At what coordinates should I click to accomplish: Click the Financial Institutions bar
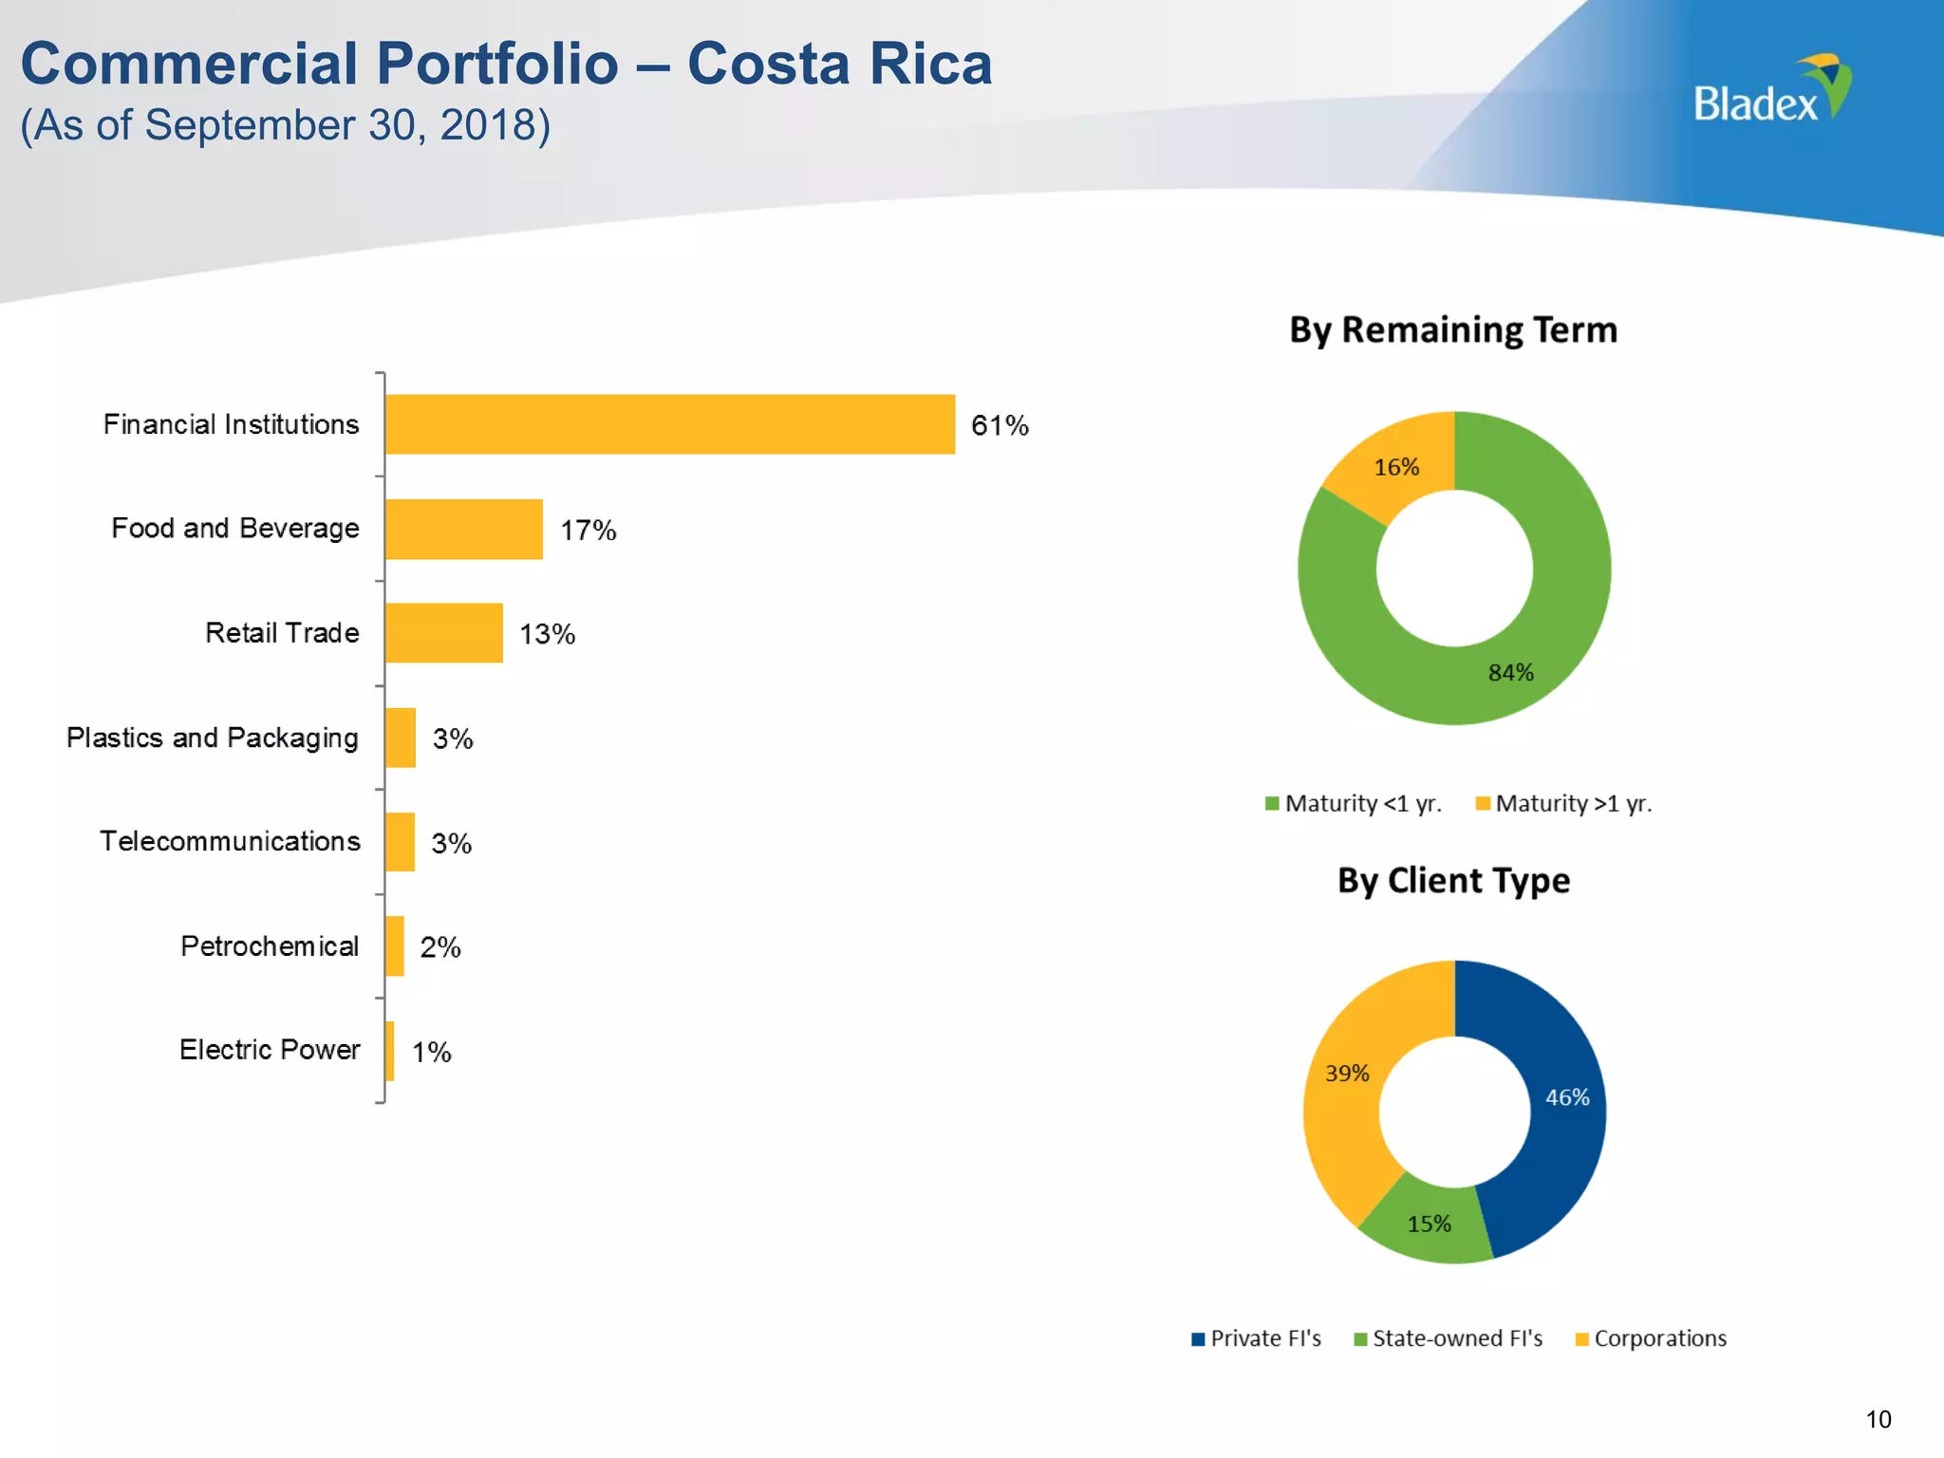coord(669,424)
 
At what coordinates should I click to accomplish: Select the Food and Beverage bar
coord(463,529)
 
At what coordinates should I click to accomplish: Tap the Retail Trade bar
coord(443,633)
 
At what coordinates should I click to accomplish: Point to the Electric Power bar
coord(390,1051)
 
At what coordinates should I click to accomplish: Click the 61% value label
coord(1000,425)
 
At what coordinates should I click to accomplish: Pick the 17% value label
coord(588,530)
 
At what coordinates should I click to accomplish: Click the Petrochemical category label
coord(270,946)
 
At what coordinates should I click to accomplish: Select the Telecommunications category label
coord(230,842)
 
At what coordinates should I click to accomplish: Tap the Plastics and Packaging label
coord(212,738)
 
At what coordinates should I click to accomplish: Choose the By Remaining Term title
coord(1452,330)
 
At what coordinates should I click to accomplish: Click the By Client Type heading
coord(1452,881)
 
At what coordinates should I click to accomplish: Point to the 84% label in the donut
coord(1510,673)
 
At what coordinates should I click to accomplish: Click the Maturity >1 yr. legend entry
coord(1563,804)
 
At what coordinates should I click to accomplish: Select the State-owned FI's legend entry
coord(1448,1338)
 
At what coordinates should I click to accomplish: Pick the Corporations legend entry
coord(1651,1338)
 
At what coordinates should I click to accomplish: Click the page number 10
coord(1878,1419)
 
